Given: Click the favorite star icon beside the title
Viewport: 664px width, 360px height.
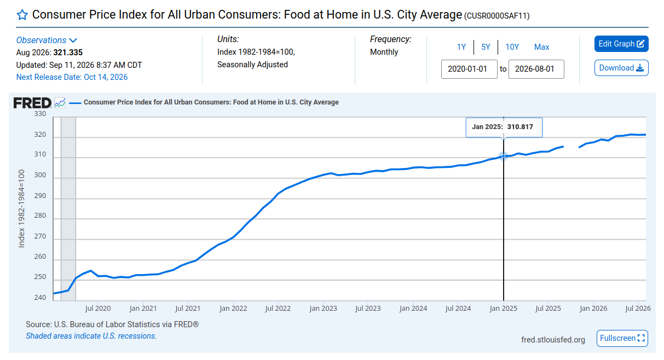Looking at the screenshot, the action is click(22, 15).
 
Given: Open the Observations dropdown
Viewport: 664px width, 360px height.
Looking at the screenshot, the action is click(47, 40).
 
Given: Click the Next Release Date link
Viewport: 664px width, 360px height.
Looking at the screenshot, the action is click(72, 77).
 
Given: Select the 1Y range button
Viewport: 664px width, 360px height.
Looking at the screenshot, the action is click(461, 47).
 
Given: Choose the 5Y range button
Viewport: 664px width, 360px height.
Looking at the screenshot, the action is click(486, 47).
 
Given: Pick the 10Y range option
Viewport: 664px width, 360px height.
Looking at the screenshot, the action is click(512, 47).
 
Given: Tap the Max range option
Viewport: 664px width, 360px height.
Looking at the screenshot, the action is click(541, 47).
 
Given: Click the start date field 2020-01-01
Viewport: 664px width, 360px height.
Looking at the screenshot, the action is click(469, 69).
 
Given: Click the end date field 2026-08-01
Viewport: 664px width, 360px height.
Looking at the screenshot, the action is click(536, 69).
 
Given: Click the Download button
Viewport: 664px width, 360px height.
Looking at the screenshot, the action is click(621, 68).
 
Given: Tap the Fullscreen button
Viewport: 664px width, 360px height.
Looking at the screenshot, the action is click(622, 338).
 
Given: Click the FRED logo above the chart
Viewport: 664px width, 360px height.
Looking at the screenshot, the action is click(33, 103).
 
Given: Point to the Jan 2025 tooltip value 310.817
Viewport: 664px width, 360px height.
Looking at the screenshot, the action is click(520, 127).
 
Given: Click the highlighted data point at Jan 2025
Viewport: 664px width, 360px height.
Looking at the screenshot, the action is click(503, 156).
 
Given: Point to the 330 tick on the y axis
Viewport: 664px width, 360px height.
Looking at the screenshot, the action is click(40, 114).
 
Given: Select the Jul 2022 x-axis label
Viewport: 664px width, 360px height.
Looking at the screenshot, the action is click(278, 309).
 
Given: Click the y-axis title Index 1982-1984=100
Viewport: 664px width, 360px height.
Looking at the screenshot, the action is click(21, 208).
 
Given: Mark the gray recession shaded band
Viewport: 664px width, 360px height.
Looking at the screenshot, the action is click(68, 208).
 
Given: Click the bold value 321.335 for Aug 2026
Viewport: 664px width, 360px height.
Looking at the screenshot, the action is click(68, 53).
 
